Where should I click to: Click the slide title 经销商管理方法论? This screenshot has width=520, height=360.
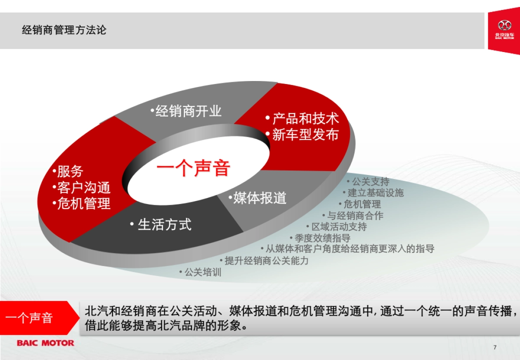point(64,30)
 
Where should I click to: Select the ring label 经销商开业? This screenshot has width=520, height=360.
point(188,111)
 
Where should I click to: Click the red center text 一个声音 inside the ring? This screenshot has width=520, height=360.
point(193,168)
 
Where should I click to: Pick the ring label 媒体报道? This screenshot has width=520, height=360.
point(260,198)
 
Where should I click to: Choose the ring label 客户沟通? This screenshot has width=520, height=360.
point(84,188)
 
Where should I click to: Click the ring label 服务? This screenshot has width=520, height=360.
point(70,172)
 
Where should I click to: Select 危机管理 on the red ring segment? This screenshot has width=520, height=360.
point(84,204)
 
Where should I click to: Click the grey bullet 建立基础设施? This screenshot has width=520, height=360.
point(375,193)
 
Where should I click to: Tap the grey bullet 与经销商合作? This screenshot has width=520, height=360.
point(355,215)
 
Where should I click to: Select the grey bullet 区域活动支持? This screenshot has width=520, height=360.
point(339,227)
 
